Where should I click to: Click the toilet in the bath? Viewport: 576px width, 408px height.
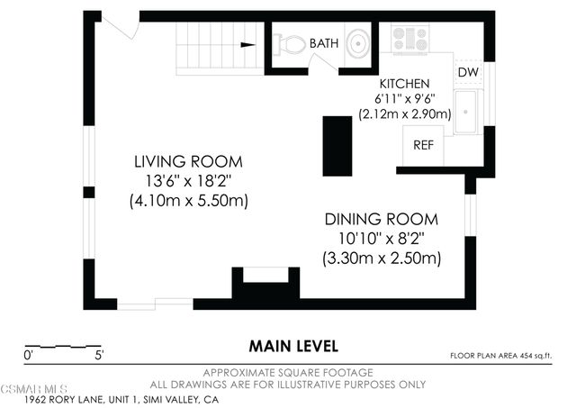click(x=290, y=44)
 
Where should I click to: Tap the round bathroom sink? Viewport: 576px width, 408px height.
click(x=358, y=43)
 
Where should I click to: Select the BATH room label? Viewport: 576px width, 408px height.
click(x=324, y=43)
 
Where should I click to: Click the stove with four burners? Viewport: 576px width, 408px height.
click(x=410, y=38)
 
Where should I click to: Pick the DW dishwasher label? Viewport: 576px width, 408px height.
click(x=468, y=72)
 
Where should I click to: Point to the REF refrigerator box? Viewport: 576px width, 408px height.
click(x=423, y=145)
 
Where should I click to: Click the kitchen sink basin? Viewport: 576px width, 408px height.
click(x=465, y=111)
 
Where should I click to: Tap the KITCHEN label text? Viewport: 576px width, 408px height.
click(x=404, y=84)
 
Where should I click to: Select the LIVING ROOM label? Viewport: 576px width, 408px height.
click(x=188, y=162)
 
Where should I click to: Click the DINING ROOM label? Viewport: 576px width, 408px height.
click(x=382, y=220)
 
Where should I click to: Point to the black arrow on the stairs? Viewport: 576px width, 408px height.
click(x=248, y=45)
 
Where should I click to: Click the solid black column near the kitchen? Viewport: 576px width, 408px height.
click(x=337, y=146)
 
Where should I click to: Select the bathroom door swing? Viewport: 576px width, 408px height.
click(x=322, y=63)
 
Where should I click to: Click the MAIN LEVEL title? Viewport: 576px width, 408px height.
click(x=293, y=346)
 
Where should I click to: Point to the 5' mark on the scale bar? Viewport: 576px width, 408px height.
click(x=99, y=356)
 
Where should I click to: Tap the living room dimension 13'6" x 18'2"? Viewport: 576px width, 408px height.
click(x=188, y=181)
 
